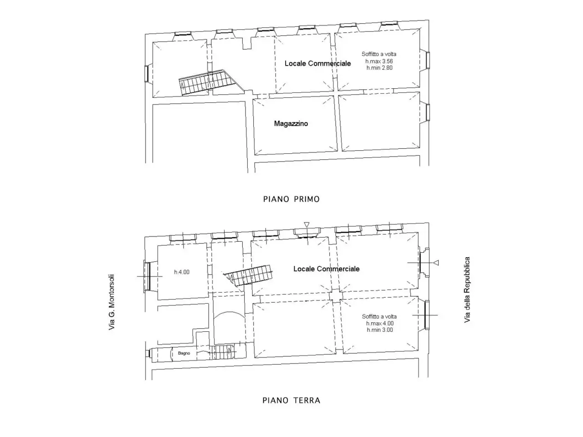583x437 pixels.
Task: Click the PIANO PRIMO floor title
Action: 291,199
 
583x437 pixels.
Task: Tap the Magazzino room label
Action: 291,124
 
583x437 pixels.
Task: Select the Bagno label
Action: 184,353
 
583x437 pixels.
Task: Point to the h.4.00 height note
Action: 182,272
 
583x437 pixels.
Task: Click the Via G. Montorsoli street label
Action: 112,302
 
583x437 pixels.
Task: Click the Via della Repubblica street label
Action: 467,290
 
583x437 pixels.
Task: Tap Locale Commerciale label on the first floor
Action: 317,63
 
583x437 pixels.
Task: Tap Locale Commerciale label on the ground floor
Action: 327,269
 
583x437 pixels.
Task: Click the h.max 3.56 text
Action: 379,61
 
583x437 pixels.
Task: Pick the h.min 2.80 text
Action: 379,68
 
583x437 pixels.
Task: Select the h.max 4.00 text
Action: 380,324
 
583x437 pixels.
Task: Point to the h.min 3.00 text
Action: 380,330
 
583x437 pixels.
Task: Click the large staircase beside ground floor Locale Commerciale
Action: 248,275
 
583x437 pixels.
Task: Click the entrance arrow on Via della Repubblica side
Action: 436,263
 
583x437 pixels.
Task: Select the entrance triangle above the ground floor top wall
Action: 307,225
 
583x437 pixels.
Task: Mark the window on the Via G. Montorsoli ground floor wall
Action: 148,276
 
